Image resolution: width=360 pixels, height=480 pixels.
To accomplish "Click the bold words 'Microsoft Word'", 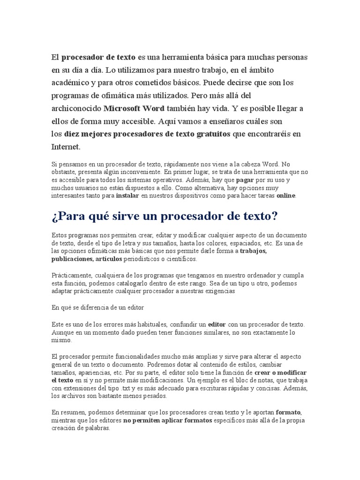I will tap(134, 109).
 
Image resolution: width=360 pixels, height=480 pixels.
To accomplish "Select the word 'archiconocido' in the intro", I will tap(76, 109).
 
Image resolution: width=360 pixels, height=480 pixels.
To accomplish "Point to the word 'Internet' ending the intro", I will tap(65, 147).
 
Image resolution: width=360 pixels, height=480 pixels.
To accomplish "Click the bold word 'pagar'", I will tap(245, 180).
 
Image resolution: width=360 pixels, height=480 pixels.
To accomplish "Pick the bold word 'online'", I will tap(286, 195).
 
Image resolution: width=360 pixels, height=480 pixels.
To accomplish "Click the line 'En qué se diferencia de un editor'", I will tap(97, 307).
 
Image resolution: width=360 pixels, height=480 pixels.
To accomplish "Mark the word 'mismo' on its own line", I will tap(59, 340).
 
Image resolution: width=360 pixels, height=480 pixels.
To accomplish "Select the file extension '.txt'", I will tap(126, 389).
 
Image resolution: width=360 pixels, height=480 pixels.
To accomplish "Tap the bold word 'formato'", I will tap(288, 412).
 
